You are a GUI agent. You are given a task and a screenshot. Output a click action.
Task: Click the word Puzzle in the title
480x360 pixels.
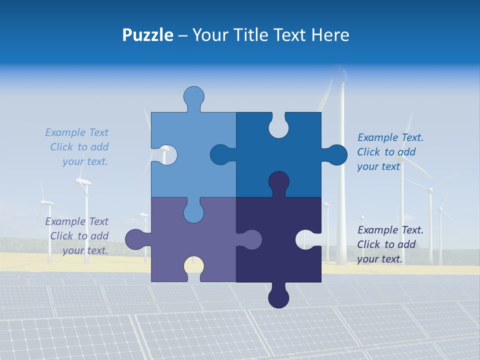148,35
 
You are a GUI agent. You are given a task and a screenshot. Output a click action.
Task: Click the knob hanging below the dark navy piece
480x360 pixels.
278,297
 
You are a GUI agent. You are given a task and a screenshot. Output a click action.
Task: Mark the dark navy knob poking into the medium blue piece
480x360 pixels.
278,182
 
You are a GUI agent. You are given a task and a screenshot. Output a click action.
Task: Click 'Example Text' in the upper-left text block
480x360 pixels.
76,132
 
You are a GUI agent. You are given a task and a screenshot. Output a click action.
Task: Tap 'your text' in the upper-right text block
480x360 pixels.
378,166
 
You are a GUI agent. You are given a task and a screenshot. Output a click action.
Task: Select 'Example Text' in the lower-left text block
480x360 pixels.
76,221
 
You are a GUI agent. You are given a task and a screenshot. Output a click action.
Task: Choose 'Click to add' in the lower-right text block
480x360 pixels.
386,244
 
